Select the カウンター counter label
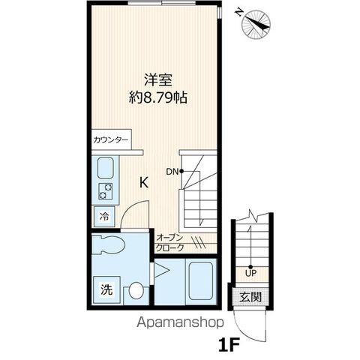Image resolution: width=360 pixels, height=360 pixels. point(111,140)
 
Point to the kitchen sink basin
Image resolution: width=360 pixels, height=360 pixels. point(105,168)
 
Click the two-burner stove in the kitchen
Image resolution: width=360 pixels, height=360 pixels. point(105,191)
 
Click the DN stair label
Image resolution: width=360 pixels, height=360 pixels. point(172,171)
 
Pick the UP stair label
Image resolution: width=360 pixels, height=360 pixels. point(250,271)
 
